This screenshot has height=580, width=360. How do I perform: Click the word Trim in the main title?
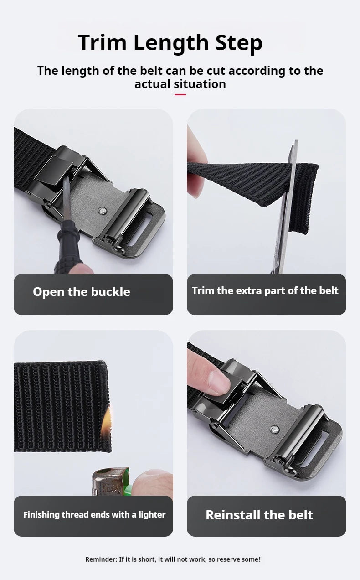[102, 42]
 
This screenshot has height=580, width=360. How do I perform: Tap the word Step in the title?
[239, 43]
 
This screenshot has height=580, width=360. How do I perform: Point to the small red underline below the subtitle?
[180, 94]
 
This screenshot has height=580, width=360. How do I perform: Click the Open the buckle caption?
[81, 292]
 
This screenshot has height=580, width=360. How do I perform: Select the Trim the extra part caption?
[265, 291]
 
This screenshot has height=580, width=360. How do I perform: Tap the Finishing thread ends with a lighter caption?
[94, 515]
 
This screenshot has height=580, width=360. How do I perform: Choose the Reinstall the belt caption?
[259, 515]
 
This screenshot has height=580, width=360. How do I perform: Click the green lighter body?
[126, 485]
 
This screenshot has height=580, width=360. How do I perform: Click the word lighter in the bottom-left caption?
[152, 515]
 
